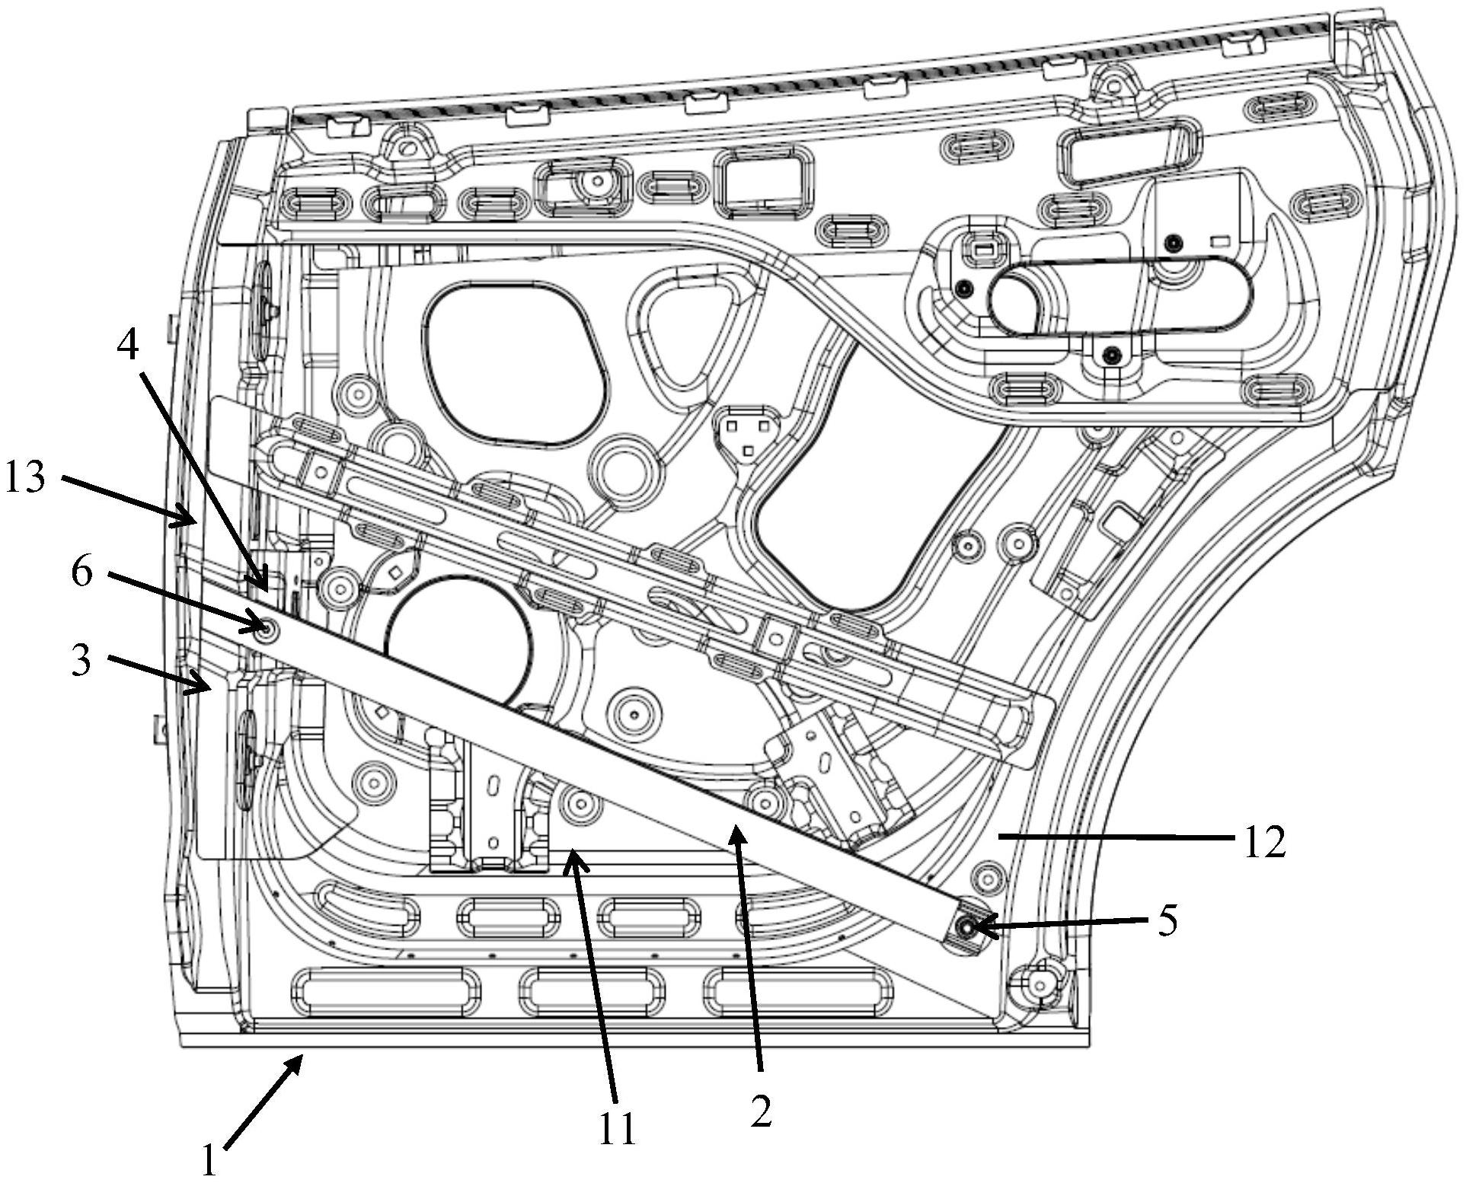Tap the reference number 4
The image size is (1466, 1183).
click(128, 346)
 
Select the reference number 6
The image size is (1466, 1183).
click(82, 572)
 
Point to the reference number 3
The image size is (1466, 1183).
click(80, 659)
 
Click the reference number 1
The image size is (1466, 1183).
click(209, 1160)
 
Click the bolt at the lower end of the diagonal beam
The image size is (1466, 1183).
click(966, 926)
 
